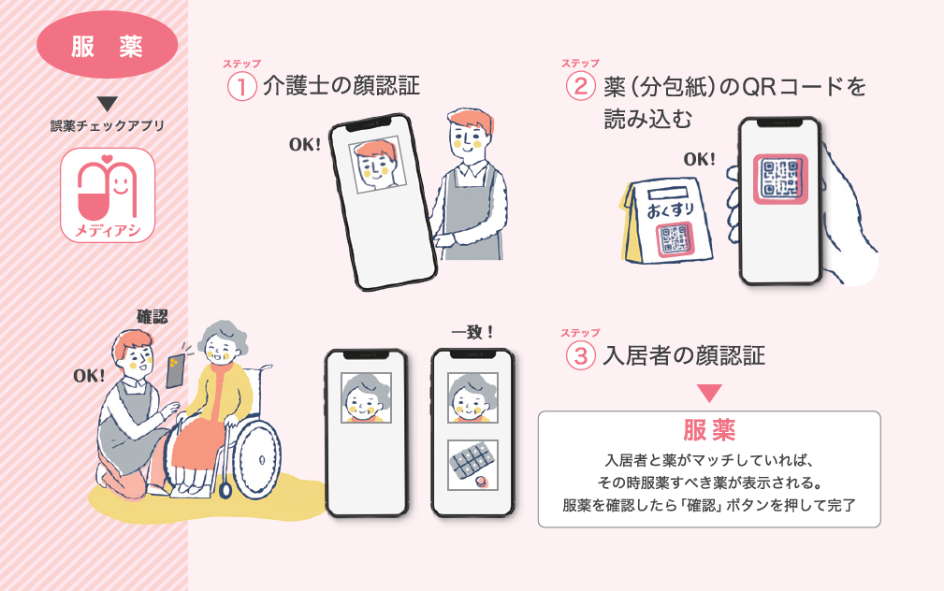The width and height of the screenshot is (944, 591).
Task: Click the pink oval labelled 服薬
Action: [108, 45]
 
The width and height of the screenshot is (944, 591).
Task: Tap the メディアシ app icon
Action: [108, 195]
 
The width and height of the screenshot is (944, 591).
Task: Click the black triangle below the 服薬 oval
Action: [108, 104]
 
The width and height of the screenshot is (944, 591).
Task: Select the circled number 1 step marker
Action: [242, 87]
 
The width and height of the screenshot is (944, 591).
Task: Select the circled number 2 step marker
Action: [581, 86]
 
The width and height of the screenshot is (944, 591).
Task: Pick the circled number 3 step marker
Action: [581, 355]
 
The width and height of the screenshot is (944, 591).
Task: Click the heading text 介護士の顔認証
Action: [341, 86]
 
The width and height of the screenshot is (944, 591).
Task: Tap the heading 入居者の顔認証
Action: [684, 355]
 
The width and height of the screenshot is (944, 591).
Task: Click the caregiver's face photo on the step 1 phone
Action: [377, 165]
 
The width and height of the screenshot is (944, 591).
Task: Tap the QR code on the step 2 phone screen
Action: [780, 179]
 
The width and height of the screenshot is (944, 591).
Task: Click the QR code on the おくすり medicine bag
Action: [675, 239]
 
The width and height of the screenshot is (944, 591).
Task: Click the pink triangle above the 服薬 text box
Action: [709, 393]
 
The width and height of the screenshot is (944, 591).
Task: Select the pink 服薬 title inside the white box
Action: [709, 430]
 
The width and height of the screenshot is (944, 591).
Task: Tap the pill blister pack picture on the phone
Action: [472, 465]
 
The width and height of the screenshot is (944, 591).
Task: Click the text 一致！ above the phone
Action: [472, 332]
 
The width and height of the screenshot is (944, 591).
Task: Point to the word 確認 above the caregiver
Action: [152, 317]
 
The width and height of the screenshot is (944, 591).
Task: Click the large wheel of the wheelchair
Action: [256, 460]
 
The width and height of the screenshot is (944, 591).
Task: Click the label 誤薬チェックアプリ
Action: [108, 126]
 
